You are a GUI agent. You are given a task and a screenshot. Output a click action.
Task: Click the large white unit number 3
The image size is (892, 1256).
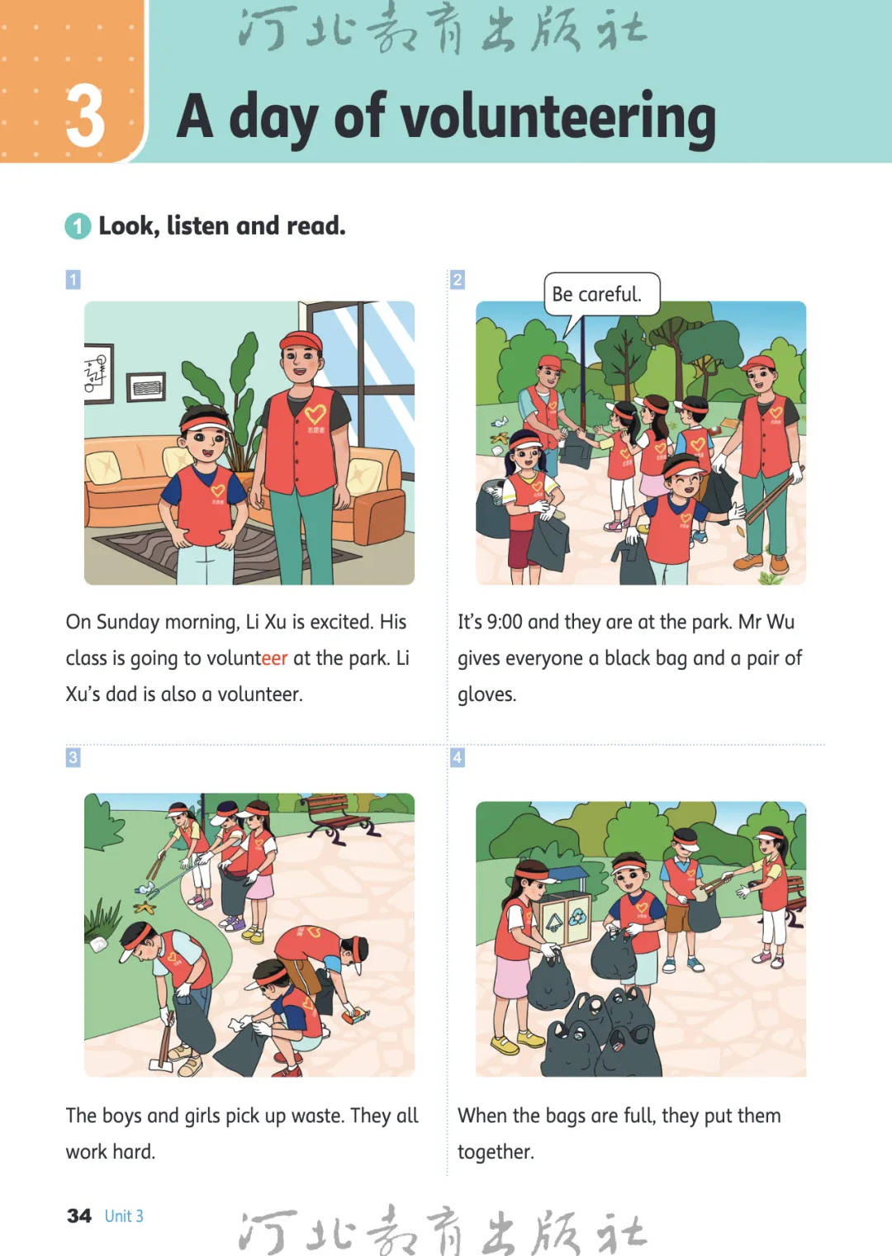85,116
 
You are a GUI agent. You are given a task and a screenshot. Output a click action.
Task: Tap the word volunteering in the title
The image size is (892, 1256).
557,119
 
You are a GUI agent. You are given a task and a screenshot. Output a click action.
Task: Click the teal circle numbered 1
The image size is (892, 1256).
78,226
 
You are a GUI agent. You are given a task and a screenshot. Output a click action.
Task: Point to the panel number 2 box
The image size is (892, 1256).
458,279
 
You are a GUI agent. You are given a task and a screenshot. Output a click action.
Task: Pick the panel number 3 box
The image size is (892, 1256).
73,757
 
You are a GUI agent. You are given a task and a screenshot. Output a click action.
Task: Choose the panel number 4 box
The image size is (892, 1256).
458,757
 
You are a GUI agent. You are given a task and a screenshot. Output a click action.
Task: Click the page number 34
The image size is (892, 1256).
79,1216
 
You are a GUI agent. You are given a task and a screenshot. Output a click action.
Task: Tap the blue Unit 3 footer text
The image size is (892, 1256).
124,1216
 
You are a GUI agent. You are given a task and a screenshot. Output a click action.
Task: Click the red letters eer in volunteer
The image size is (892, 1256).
275,658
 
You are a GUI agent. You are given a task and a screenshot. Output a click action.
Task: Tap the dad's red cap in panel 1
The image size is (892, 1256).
301,340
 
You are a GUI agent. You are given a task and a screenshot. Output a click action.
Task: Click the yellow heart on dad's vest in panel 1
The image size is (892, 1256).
315,415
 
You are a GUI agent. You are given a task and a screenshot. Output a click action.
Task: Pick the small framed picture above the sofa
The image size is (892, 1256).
145,387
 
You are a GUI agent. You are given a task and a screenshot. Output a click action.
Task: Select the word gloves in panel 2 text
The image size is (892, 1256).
486,695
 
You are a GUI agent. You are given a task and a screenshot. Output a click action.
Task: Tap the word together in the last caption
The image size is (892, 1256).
496,1152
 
